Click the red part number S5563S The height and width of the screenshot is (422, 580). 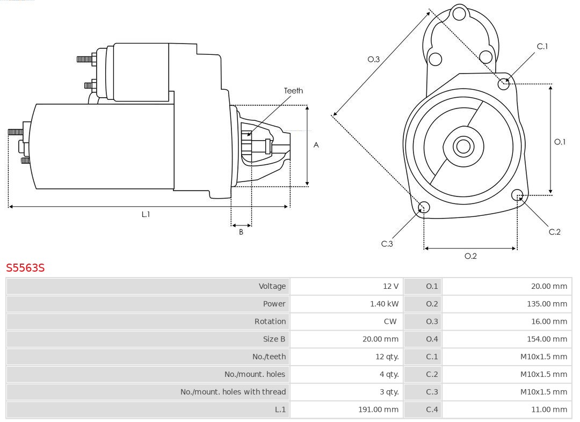(25, 267)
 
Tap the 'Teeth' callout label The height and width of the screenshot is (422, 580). (293, 91)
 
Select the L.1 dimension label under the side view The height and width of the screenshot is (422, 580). (146, 214)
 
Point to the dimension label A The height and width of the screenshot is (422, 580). (316, 145)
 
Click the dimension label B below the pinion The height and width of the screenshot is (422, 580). (241, 232)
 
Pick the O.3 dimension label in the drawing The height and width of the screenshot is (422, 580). (373, 60)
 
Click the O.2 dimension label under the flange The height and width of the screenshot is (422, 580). (470, 256)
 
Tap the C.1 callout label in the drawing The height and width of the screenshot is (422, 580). (542, 47)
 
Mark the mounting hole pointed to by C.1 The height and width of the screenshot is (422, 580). (504, 83)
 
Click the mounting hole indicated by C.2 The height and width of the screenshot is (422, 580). (517, 194)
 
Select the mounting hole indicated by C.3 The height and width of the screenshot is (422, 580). (424, 208)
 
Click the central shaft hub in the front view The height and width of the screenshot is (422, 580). (462, 146)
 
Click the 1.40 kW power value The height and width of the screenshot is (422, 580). (384, 304)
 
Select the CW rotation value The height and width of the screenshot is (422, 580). (390, 322)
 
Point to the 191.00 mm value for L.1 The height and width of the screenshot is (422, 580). (378, 410)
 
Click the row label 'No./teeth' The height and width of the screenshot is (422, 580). (269, 356)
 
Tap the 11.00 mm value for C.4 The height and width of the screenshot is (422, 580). (549, 410)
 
